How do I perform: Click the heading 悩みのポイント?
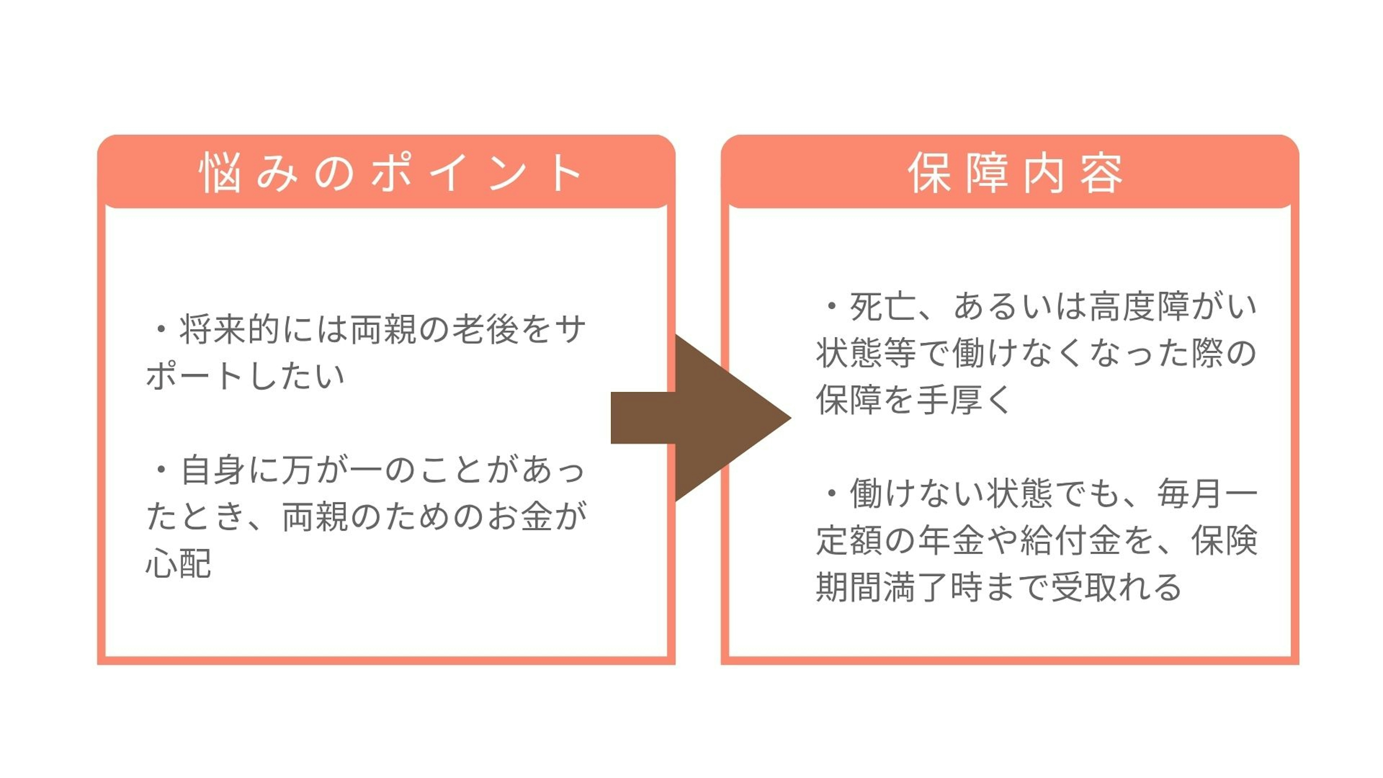click(390, 173)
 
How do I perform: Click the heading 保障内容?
click(1015, 173)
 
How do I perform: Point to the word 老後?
click(485, 329)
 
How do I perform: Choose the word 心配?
click(179, 563)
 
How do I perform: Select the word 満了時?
click(934, 587)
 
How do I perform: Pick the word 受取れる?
click(1117, 587)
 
